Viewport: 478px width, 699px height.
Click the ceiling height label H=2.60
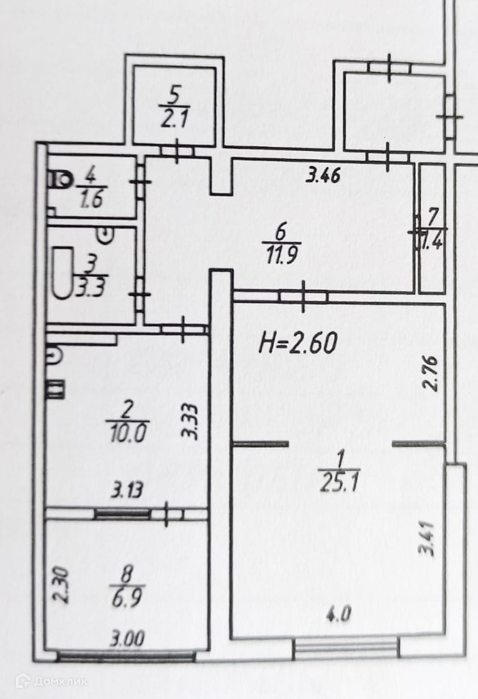click(x=298, y=342)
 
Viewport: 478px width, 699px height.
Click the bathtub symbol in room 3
click(x=62, y=273)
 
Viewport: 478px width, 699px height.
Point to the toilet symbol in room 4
click(x=61, y=180)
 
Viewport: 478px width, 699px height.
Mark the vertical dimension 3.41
click(x=428, y=539)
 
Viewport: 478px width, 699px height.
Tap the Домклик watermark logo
click(x=51, y=680)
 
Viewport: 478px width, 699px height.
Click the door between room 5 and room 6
click(x=177, y=151)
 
